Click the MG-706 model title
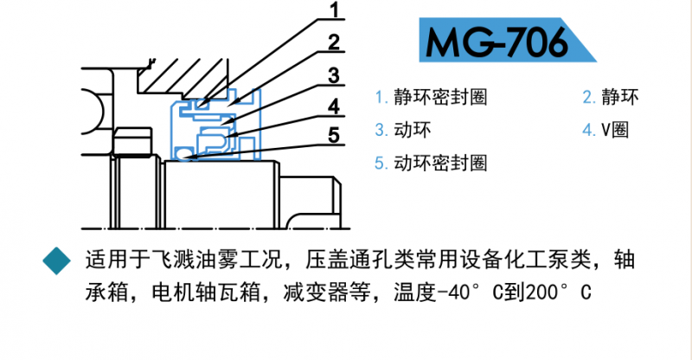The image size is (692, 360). (497, 42)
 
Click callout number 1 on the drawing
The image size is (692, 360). (335, 10)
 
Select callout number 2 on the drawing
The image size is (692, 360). (334, 42)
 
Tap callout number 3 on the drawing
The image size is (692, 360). (334, 75)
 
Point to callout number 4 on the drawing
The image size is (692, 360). (334, 106)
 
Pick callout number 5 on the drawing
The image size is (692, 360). (334, 135)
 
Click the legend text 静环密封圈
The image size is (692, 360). (440, 97)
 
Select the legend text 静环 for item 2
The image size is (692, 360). (620, 97)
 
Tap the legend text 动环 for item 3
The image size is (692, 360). (413, 130)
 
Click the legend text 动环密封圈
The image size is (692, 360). (440, 163)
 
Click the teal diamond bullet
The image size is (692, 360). (57, 260)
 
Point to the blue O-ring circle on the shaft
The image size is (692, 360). (183, 154)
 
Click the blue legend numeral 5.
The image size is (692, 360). (380, 164)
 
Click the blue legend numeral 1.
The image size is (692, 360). (380, 98)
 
